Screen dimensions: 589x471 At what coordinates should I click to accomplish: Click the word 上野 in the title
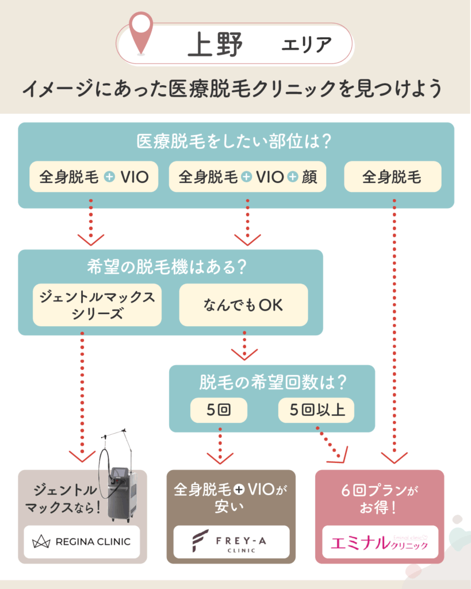pos(215,45)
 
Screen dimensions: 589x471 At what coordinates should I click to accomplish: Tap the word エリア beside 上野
pos(306,45)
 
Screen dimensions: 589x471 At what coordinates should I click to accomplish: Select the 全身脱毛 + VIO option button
pos(94,177)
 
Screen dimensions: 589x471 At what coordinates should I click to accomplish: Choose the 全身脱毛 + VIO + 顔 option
pos(247,177)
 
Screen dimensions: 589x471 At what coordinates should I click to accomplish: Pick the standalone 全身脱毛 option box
pos(392,177)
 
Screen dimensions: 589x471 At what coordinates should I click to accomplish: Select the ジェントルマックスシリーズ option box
pos(97,305)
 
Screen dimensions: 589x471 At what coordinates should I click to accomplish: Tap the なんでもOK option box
pos(243,305)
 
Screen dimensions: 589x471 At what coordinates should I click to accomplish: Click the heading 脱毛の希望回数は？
pos(271,382)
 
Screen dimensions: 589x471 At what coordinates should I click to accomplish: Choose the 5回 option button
pos(219,411)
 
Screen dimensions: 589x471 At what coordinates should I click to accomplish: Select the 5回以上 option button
pos(316,411)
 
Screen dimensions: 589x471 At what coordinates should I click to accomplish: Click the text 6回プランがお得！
pos(380,499)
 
